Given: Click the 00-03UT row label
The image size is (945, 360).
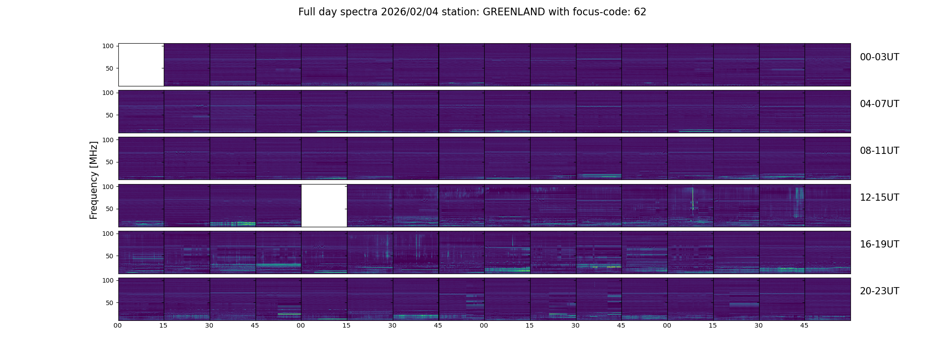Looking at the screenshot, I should click(879, 57).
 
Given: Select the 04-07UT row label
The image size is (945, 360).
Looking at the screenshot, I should click(879, 104).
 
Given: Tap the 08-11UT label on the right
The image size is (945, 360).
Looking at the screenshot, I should click(879, 151).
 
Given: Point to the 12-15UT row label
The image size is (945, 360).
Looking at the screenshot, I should click(879, 198).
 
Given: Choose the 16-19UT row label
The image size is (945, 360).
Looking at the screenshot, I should click(879, 244).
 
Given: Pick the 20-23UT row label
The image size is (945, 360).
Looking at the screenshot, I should click(879, 291).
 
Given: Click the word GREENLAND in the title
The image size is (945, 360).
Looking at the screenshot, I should click(513, 12).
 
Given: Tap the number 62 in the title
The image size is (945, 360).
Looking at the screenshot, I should click(640, 12).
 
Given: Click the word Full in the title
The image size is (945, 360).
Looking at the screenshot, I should click(306, 12).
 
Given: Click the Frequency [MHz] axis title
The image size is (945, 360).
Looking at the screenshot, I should click(94, 180).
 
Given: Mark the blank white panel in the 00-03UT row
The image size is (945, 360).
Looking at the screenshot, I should click(141, 65).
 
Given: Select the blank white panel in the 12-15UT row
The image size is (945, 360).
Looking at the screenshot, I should click(324, 206).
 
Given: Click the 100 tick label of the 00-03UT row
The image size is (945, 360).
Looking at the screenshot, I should click(108, 46).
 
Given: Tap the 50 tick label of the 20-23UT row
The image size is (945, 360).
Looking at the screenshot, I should click(109, 303).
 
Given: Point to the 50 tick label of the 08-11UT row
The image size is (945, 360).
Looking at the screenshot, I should click(109, 162).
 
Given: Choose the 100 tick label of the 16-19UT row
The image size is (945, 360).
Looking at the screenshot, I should click(108, 234).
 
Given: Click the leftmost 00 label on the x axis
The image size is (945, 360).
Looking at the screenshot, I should click(118, 325).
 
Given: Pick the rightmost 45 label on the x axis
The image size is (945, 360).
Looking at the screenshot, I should click(804, 325).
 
